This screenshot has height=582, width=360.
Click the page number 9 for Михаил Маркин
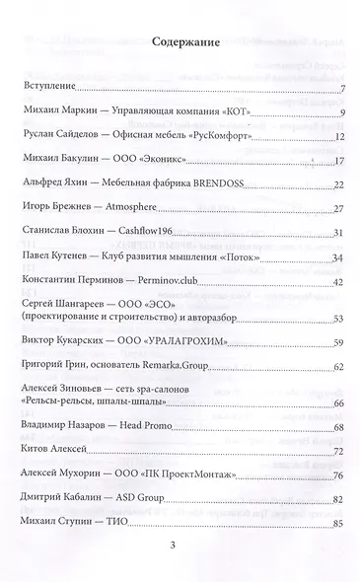click(x=338, y=114)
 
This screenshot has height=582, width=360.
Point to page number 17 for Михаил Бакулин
click(x=336, y=160)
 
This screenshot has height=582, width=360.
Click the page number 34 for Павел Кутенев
click(x=336, y=257)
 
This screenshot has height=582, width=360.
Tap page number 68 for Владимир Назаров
click(x=336, y=427)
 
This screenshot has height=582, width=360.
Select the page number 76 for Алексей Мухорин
click(x=336, y=474)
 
